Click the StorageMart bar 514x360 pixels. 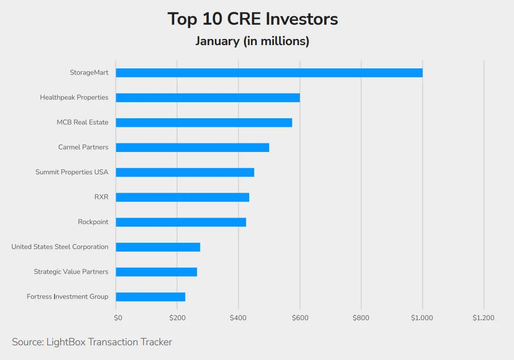pyautogui.click(x=269, y=73)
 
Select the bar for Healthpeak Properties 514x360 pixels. pyautogui.click(x=208, y=97)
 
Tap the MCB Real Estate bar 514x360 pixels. pyautogui.click(x=204, y=123)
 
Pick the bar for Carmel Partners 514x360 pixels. pyautogui.click(x=192, y=147)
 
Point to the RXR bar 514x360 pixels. pyautogui.click(x=182, y=197)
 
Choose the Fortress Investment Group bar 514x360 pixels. pyautogui.click(x=150, y=297)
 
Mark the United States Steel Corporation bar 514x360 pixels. pyautogui.click(x=158, y=247)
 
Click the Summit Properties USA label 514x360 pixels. pyautogui.click(x=72, y=172)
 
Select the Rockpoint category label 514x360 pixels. pyautogui.click(x=93, y=222)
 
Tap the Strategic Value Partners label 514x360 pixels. pyautogui.click(x=71, y=272)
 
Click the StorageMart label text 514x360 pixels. pyautogui.click(x=89, y=73)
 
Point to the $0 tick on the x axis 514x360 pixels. pyautogui.click(x=118, y=318)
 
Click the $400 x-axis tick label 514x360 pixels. pyautogui.click(x=238, y=318)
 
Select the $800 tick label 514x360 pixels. pyautogui.click(x=361, y=318)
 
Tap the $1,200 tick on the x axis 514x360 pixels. pyautogui.click(x=483, y=318)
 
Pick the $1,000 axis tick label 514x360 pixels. pyautogui.click(x=422, y=318)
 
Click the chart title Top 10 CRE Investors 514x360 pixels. pyautogui.click(x=252, y=19)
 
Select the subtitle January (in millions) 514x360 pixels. pyautogui.click(x=252, y=41)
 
